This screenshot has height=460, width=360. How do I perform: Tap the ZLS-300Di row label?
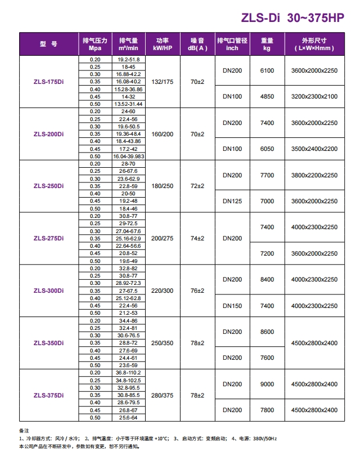pyautogui.click(x=48, y=291)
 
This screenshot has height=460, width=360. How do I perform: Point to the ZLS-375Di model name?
pyautogui.click(x=48, y=395)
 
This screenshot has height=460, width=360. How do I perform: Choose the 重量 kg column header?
pyautogui.click(x=267, y=44)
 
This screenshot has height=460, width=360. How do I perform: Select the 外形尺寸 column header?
pyautogui.click(x=314, y=44)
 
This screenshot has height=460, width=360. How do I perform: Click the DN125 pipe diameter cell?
pyautogui.click(x=232, y=201)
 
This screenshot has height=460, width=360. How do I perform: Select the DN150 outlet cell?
pyautogui.click(x=232, y=306)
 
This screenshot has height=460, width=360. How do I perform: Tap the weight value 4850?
pyautogui.click(x=267, y=97)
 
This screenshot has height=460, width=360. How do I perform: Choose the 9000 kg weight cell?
pyautogui.click(x=267, y=384)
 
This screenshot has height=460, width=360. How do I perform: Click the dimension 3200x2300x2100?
pyautogui.click(x=314, y=97)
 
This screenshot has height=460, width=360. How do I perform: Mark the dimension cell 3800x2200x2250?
pyautogui.click(x=314, y=175)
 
